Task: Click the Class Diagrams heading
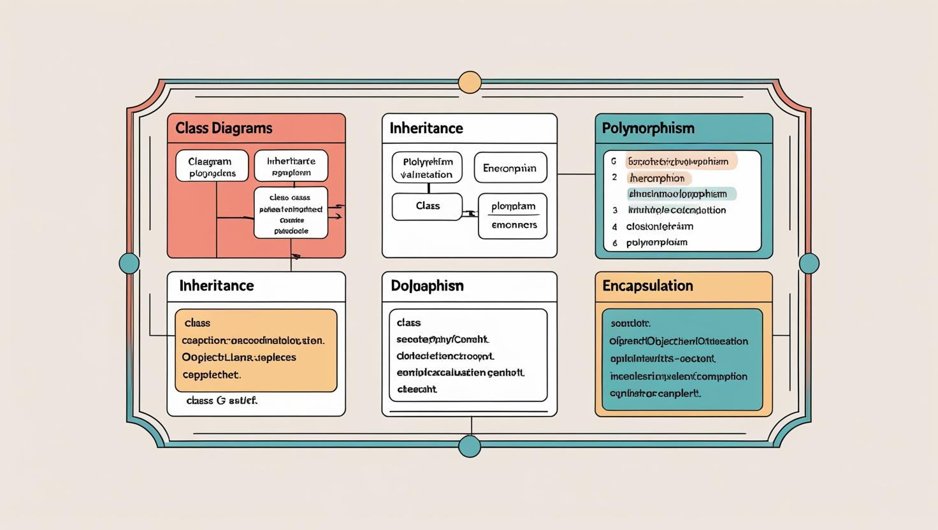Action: [x=224, y=128]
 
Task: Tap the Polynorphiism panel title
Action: [x=648, y=128]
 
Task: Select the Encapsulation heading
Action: [x=647, y=285]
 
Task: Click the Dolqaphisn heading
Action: [x=427, y=286]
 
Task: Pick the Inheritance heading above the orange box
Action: [x=217, y=285]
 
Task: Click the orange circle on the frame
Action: [x=470, y=83]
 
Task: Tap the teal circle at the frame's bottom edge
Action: [x=470, y=446]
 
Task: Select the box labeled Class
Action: [x=428, y=206]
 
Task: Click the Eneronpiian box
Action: [x=510, y=168]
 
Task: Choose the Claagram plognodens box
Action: [x=212, y=167]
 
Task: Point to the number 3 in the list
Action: [x=615, y=210]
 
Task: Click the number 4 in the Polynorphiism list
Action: [x=615, y=227]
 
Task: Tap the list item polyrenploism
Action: [x=656, y=243]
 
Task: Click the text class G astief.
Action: [x=222, y=401]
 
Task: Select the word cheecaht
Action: [x=417, y=389]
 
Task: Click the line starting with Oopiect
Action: [x=239, y=357]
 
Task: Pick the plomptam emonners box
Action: [x=513, y=215]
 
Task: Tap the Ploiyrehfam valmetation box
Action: [x=427, y=168]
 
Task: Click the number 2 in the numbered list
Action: [x=614, y=178]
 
